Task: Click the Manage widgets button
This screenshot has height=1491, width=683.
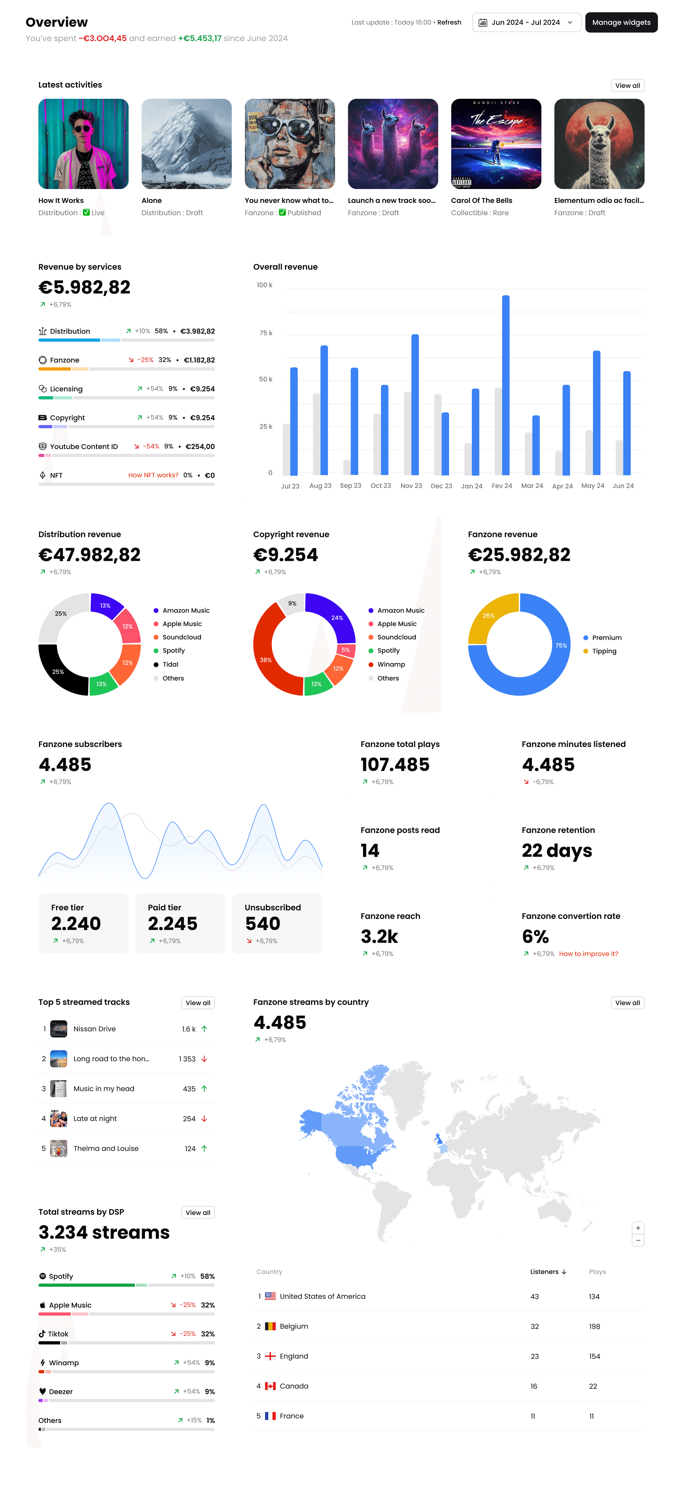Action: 621,23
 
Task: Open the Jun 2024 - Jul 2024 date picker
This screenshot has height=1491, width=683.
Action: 526,23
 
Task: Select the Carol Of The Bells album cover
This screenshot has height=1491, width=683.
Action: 496,144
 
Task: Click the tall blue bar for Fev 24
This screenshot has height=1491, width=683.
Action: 506,385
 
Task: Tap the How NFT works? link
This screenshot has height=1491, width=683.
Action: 153,475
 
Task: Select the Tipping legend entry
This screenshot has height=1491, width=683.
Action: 604,651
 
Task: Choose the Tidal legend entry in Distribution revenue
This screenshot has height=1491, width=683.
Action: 170,664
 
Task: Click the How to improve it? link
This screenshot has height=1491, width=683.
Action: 588,954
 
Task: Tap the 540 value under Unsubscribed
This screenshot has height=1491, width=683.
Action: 263,924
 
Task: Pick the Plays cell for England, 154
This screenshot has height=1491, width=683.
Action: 594,1356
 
